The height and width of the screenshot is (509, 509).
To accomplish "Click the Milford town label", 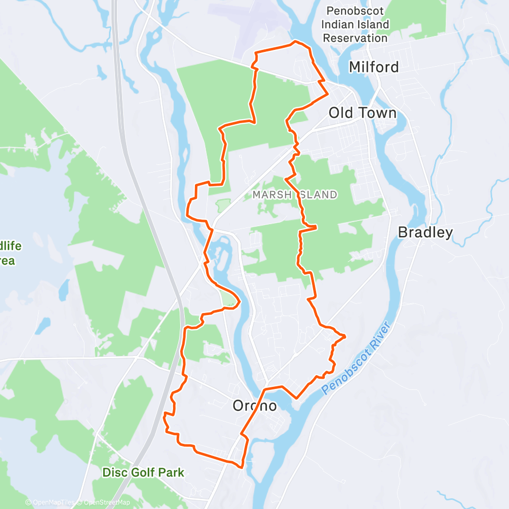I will pos(374,67).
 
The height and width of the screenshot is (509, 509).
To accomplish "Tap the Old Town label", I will pos(362,112).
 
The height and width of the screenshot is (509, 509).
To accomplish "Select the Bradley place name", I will pos(425,233).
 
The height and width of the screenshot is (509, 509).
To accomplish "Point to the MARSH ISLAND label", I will pos(295,194).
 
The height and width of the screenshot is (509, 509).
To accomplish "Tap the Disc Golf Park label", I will pos(143,472).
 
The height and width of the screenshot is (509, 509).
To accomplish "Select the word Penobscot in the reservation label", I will pos(357,10).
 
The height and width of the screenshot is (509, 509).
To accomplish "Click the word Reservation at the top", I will pos(355,38).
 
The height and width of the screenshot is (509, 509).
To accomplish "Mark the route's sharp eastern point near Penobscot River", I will pos(345,336).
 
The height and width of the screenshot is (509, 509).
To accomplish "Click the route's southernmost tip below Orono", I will pos(241,466).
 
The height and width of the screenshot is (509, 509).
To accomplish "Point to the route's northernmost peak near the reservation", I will pos(295,42).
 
